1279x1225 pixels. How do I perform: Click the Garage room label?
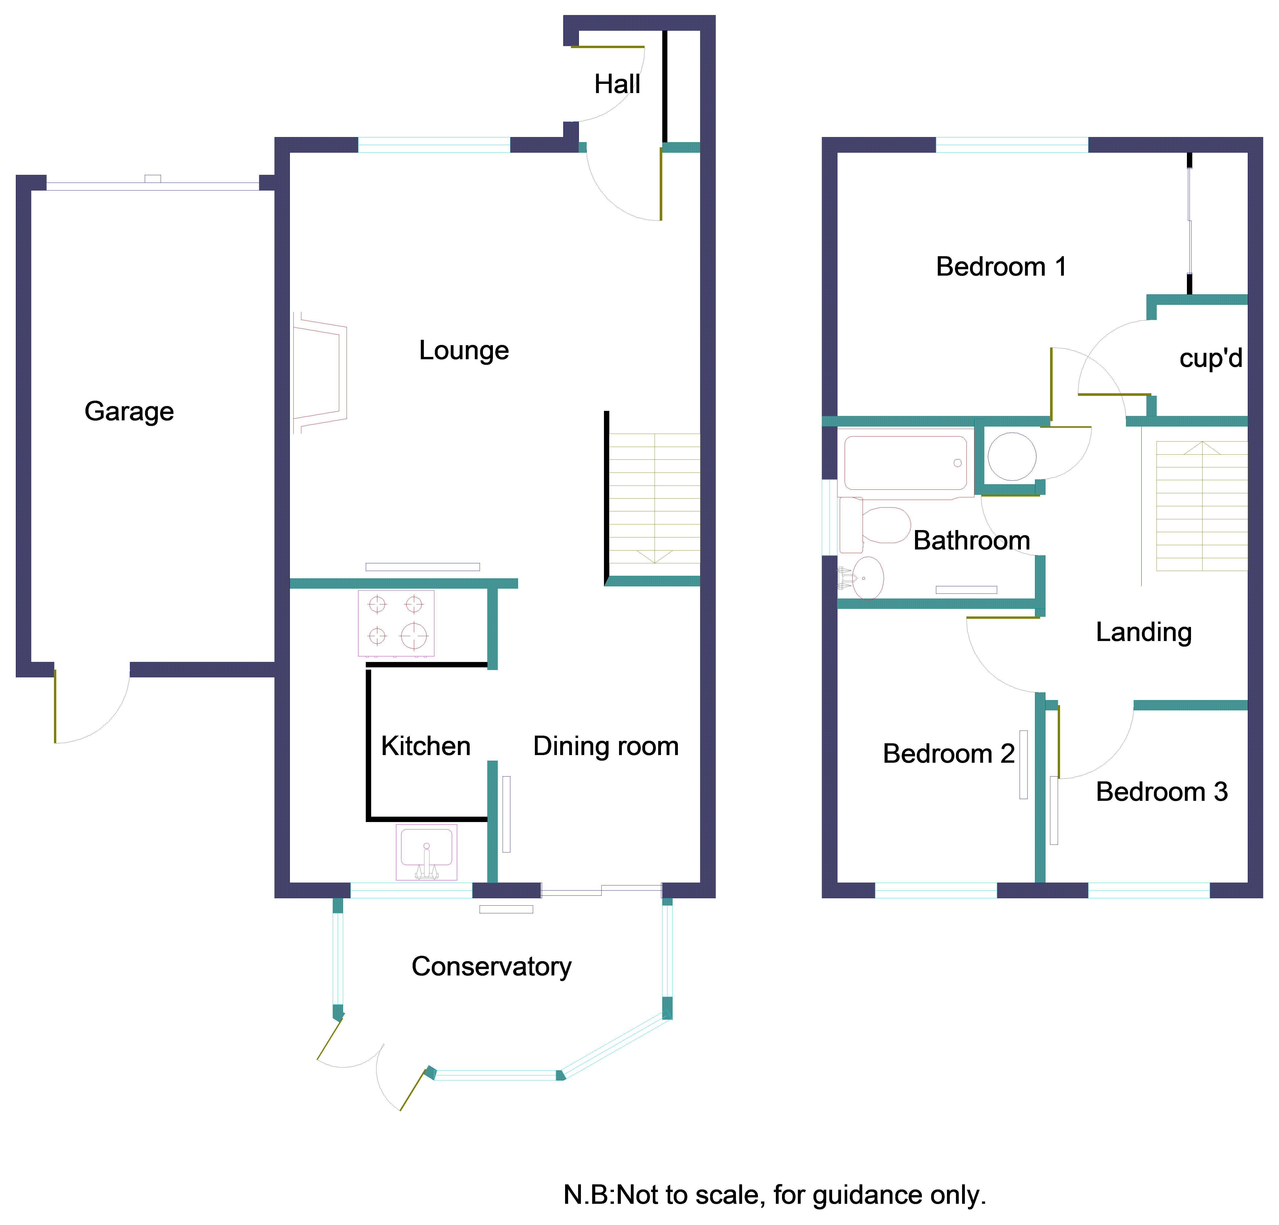pos(129,412)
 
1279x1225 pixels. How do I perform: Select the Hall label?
pos(617,84)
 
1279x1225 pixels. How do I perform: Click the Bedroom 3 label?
pos(1162,792)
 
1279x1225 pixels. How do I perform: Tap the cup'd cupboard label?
pos(1210,358)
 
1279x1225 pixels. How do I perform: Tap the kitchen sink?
pos(426,852)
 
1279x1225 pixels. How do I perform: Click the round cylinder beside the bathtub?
pos(1011,457)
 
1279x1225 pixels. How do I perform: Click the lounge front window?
pos(434,145)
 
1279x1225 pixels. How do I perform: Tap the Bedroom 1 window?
pos(1011,145)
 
